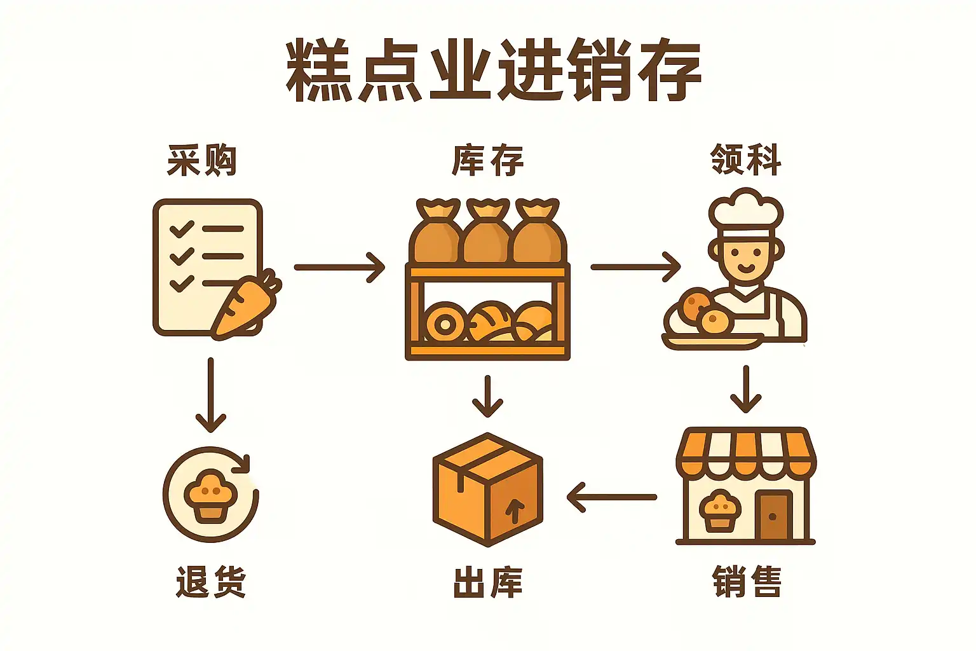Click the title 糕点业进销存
point(493,71)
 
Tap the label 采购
point(202,160)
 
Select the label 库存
point(488,160)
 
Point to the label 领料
point(745,159)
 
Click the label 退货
point(211,581)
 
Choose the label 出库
point(488,581)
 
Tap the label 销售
point(747,581)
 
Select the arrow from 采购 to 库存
point(339,267)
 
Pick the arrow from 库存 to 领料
point(635,267)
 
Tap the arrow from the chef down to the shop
point(745,388)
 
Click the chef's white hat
point(746,210)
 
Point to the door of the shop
point(773,515)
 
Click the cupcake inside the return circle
point(210,495)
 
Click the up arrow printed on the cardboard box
point(515,511)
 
